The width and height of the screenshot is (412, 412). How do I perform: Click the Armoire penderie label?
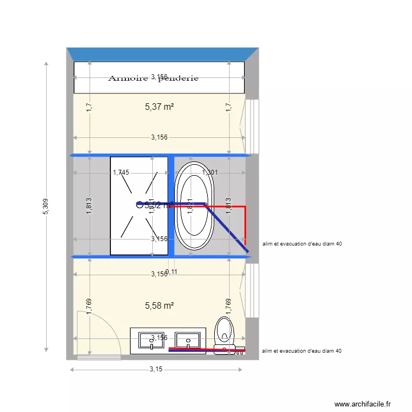point(153,78)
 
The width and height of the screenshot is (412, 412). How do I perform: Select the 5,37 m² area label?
point(159,107)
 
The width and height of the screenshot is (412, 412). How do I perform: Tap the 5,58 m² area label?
point(159,306)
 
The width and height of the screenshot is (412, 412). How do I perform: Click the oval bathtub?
point(192,206)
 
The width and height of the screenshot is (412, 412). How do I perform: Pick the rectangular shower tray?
point(139,206)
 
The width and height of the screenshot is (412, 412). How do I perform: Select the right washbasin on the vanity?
point(190,340)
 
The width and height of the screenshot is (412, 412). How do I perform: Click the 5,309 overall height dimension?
point(46,206)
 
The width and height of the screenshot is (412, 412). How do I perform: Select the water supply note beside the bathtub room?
point(303,244)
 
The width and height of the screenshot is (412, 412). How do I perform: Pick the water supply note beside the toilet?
point(303,350)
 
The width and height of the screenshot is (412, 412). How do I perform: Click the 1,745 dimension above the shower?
point(121,172)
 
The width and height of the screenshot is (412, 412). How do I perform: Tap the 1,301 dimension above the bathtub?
point(210,172)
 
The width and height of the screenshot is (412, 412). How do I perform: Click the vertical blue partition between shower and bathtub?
point(171,206)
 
